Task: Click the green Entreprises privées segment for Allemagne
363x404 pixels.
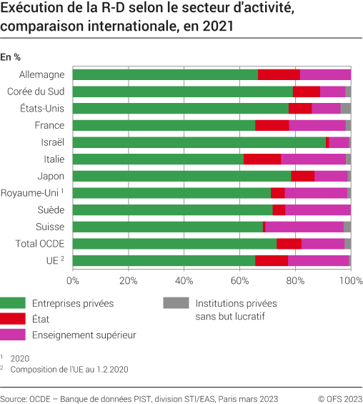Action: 165,74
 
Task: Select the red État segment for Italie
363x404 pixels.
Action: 262,159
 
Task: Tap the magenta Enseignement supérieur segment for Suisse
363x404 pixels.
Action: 304,227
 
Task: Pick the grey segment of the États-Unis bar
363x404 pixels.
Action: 346,108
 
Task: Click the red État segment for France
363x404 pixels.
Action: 272,125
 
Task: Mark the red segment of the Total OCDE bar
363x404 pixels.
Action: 289,244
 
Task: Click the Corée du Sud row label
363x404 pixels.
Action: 36,92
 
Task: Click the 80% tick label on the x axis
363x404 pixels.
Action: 295,280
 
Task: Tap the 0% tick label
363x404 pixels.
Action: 73,280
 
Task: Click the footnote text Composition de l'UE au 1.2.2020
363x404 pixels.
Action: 70,369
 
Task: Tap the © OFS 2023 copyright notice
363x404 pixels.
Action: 340,398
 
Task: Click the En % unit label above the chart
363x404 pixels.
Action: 10,56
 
